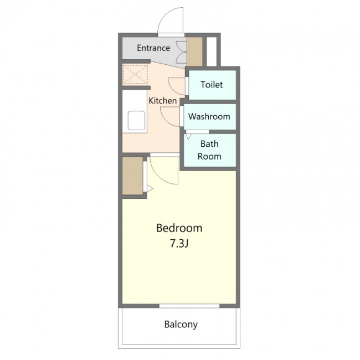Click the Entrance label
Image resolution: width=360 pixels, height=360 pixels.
pos(153,48)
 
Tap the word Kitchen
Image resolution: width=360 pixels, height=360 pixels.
pos(162,101)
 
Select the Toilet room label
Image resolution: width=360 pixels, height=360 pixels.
pos(212,85)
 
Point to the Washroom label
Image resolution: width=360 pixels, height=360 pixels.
pos(209,116)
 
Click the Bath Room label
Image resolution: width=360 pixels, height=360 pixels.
pos(209,150)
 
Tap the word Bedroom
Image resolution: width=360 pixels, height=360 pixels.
pos(179,228)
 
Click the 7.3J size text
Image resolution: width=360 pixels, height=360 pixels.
pos(179,243)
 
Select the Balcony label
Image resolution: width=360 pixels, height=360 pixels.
pos(181,324)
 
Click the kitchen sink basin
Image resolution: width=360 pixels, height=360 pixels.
pos(136,120)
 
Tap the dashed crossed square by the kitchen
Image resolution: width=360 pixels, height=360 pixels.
pos(135,74)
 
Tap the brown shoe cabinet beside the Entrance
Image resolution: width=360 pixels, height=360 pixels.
pos(195,52)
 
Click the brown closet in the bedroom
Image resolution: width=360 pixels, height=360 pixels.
pos(132,176)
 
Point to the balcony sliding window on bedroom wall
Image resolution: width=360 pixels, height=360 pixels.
pos(189,306)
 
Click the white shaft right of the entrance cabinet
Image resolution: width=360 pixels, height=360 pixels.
pos(212,52)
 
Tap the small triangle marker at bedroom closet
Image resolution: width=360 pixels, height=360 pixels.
pos(150,189)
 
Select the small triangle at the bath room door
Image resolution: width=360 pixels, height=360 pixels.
pos(188,137)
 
